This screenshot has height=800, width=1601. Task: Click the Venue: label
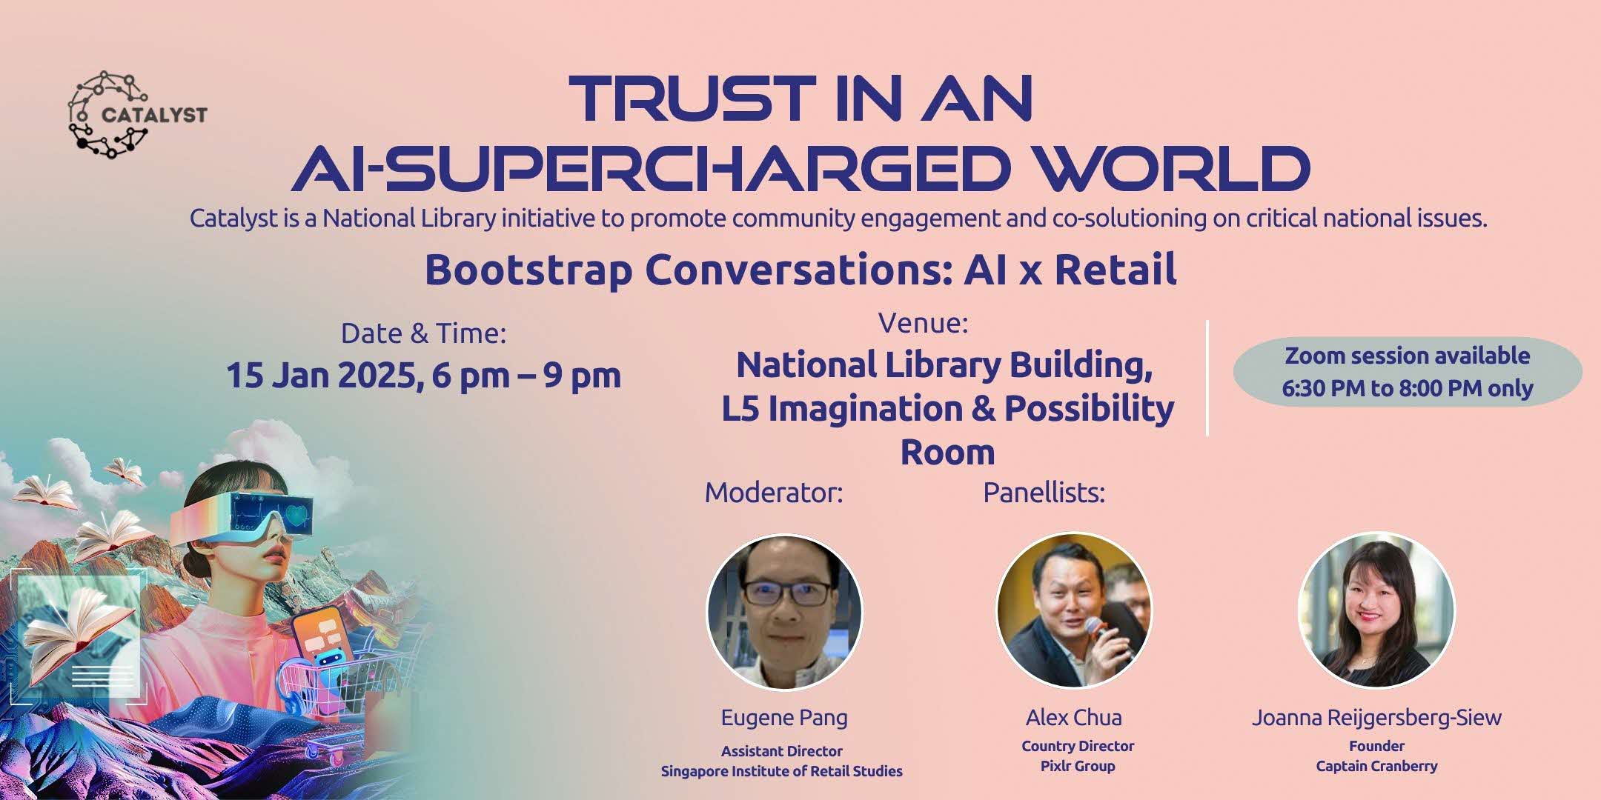(x=924, y=323)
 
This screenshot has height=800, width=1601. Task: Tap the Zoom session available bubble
(x=1408, y=372)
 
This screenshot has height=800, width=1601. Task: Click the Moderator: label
(x=774, y=493)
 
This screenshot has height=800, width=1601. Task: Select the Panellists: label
(x=1044, y=493)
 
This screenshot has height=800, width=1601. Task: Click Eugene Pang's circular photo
(x=784, y=612)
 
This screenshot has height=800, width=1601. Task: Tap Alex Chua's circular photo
(x=1074, y=610)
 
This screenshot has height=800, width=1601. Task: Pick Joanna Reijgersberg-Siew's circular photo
(x=1376, y=610)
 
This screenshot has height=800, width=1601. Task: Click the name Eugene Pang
(x=784, y=717)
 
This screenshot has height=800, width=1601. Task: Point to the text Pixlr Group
(x=1078, y=766)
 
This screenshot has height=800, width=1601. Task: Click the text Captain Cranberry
(x=1376, y=766)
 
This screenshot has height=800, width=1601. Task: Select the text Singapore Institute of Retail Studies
(x=782, y=771)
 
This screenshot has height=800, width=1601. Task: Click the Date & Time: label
(x=423, y=333)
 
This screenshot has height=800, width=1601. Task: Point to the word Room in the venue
(x=947, y=452)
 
